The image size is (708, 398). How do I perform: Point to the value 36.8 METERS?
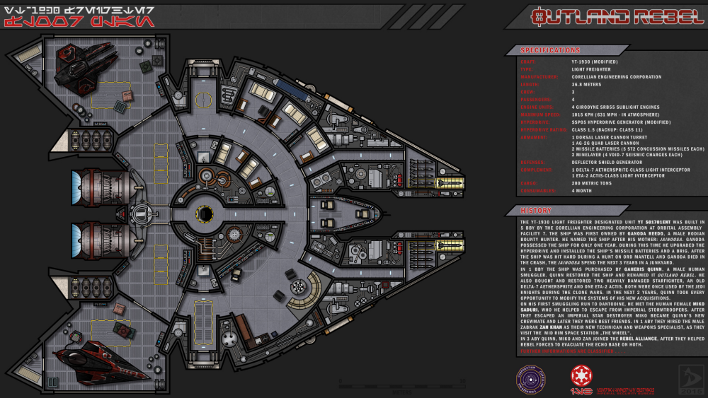click(587, 84)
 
